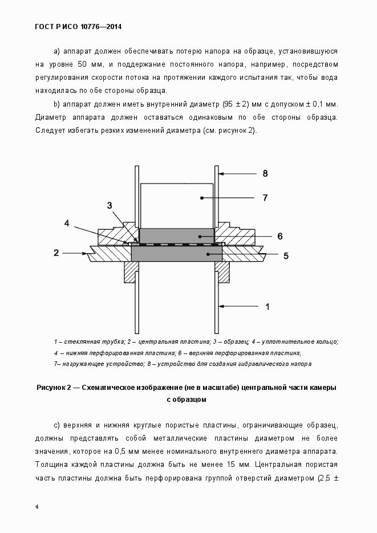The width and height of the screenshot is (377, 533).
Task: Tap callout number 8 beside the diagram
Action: coord(265,173)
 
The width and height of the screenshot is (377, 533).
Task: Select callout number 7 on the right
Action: coord(265,198)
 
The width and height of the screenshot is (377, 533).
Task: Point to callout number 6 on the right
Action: coord(280,236)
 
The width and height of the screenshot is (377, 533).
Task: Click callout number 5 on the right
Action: coord(286,256)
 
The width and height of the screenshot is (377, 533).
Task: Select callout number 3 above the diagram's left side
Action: coord(110,205)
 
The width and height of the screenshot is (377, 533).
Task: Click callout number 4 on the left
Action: coord(67,223)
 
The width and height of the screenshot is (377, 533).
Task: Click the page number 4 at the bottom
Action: coord(37,507)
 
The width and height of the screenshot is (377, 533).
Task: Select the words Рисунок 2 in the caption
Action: coord(55,388)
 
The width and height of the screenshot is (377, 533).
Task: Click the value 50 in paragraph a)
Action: coord(83,64)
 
